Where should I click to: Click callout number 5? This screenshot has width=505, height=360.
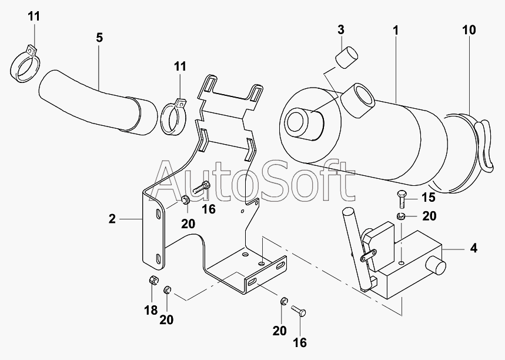(99, 38)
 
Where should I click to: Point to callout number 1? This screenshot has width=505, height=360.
(395, 29)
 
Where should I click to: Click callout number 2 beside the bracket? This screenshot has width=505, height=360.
(112, 219)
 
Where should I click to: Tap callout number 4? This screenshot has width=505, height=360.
(473, 249)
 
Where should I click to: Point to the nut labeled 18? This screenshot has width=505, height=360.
(151, 279)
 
